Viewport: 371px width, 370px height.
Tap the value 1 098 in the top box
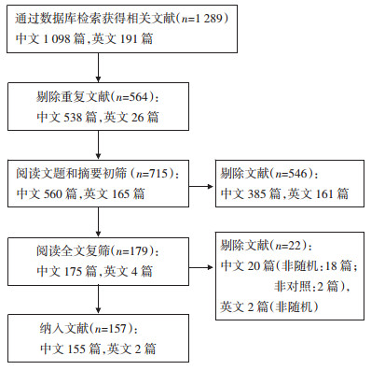tap(56, 39)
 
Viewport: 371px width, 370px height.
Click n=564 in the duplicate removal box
tap(132, 97)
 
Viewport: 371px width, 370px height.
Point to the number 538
tap(73, 118)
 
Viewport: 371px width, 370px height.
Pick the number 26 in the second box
tap(137, 118)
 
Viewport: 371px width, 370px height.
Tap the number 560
tap(52, 194)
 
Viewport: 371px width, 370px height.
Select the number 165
tap(120, 194)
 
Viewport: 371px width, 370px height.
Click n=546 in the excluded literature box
tap(292, 174)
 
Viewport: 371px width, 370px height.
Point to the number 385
tap(256, 194)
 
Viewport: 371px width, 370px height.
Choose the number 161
tap(324, 194)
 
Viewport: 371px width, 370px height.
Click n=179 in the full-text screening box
tap(132, 251)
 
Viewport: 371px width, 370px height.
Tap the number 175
tap(73, 271)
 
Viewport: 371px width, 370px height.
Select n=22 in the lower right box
tap(288, 246)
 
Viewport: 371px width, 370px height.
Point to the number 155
tap(76, 349)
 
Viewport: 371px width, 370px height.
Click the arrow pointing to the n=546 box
tap(201, 187)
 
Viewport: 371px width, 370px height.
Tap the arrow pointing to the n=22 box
tap(201, 267)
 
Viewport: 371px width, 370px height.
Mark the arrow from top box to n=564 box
tap(98, 67)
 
